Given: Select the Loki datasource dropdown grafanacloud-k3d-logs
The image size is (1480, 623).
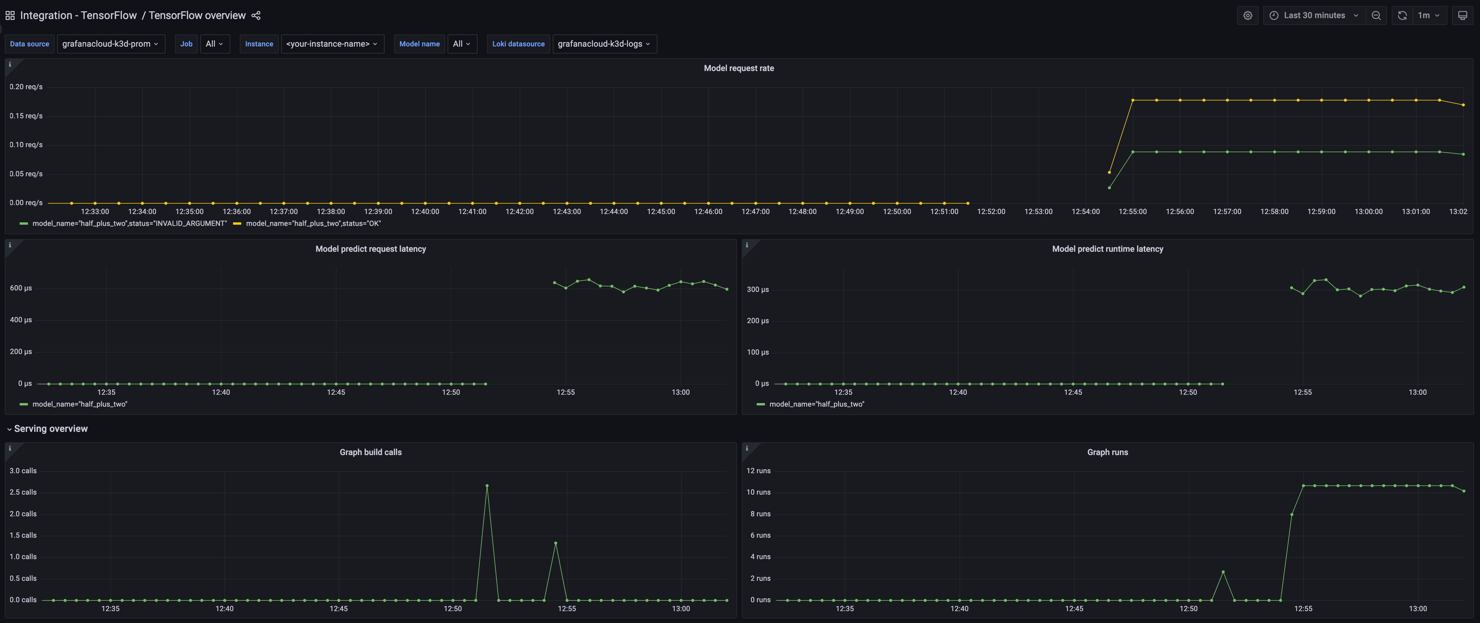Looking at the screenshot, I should point(603,44).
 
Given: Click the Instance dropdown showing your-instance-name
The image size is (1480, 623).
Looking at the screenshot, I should point(331,44).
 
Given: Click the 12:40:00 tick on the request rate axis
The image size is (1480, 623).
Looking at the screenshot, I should point(425,212).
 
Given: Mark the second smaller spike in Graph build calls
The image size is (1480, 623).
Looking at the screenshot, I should point(555,543).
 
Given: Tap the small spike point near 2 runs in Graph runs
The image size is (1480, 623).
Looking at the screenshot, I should point(1223,572).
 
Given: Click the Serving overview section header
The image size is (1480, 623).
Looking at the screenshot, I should point(51,429).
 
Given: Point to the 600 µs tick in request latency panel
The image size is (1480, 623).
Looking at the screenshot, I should point(21,288).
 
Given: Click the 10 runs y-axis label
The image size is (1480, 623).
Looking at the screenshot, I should point(758,492).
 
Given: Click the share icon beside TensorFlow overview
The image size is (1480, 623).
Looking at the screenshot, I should point(256,15).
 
